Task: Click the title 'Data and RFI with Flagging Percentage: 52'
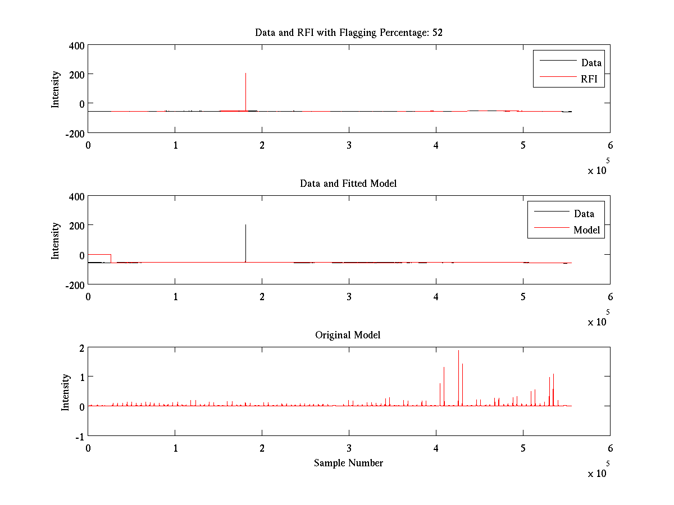click(349, 33)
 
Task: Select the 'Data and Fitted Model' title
click(349, 183)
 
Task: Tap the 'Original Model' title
click(348, 335)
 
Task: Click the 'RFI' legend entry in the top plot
click(593, 80)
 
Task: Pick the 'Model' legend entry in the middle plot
click(586, 230)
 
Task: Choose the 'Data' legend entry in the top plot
click(591, 63)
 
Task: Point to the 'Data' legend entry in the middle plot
click(584, 214)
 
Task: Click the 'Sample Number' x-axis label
click(348, 463)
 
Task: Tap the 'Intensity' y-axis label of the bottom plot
click(66, 392)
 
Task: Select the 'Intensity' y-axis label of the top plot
click(55, 89)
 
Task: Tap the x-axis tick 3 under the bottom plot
click(349, 449)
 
